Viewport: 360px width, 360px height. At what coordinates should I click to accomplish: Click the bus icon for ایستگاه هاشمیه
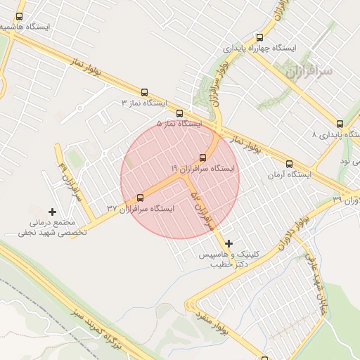coord(19,15)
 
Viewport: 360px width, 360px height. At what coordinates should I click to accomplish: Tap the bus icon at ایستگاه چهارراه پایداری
coord(260,37)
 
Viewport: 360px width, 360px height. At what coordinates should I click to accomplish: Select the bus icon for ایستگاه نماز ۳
coord(145,92)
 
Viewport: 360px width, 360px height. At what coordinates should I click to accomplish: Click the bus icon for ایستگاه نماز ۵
coord(179,112)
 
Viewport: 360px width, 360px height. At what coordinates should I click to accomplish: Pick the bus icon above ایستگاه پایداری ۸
coord(340,123)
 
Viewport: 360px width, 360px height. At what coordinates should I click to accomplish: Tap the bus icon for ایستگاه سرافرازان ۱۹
coord(204,157)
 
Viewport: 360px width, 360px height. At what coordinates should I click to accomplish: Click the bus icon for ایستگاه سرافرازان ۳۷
coord(140,198)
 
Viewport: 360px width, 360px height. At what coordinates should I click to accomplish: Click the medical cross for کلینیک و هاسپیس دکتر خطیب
coord(229,243)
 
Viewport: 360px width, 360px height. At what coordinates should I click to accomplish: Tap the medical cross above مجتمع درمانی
coord(52,211)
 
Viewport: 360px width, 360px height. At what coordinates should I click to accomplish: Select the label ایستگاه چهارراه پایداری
coord(260,49)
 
